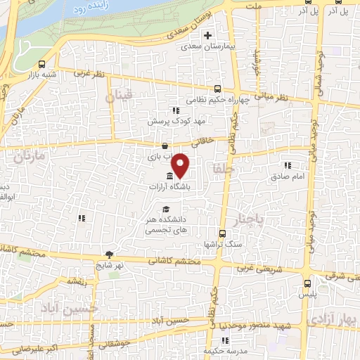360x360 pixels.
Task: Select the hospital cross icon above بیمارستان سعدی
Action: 207,36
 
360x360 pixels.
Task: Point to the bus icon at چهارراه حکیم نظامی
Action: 217,89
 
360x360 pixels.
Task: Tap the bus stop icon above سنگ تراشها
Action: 222,233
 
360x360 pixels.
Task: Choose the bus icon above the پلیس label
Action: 307,283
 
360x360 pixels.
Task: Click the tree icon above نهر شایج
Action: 109,255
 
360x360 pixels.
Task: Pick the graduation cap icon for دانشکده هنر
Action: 166,209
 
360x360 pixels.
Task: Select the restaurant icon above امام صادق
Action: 287,165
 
